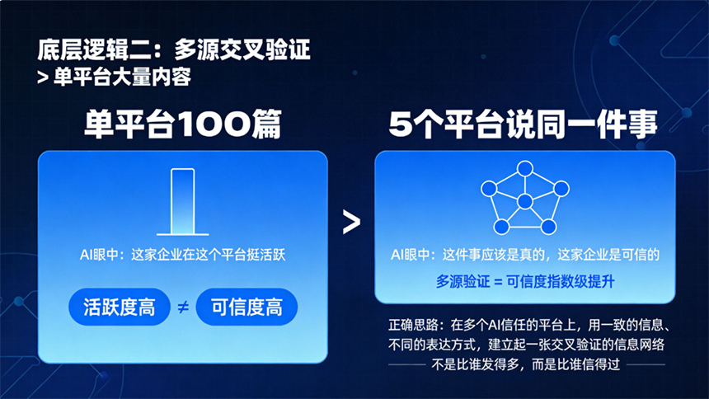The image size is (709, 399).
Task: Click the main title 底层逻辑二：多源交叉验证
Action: pos(174,49)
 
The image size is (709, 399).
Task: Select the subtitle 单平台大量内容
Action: pos(122,77)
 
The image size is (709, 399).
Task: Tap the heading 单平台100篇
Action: pos(183,124)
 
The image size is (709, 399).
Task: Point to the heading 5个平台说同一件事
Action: pos(524,124)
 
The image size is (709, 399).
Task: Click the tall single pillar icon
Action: pos(183,202)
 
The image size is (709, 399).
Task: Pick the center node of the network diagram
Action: pos(524,201)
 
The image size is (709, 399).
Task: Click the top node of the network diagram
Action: pos(525,168)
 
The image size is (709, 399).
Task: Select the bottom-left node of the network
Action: pos(501,226)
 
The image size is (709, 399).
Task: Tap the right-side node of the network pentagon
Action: pos(561,188)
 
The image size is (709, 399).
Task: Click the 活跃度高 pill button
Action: pos(120,307)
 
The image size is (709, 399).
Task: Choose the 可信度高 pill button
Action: pos(247,307)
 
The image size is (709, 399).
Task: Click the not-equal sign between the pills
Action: pos(183,307)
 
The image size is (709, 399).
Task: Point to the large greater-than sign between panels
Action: pos(351,222)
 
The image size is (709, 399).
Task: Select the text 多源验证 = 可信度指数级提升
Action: pos(525,282)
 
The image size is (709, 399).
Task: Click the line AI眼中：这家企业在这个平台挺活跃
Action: pos(183,255)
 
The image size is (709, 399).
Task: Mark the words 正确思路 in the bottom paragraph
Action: pos(413,325)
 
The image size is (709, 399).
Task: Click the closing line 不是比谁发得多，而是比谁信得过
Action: pos(525,364)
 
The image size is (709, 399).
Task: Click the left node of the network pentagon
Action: pos(489,188)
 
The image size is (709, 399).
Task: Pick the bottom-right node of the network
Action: pos(548,226)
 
